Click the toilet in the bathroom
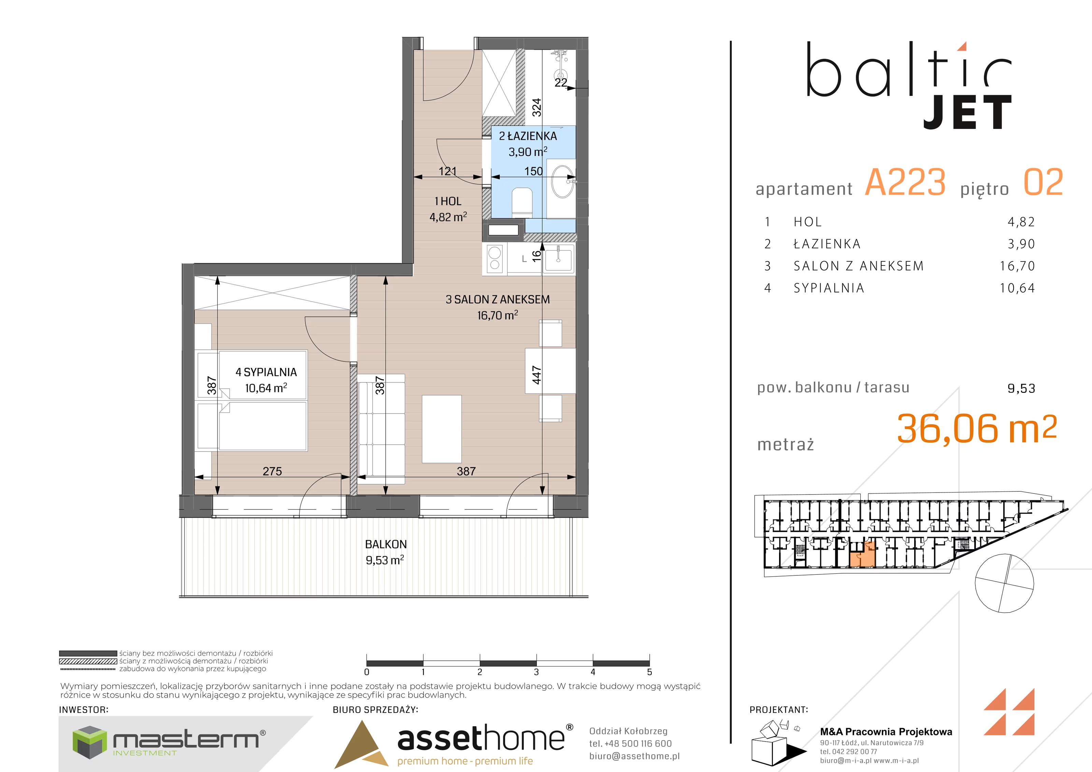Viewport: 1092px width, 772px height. [x=522, y=202]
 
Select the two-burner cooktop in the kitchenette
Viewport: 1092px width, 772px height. [x=494, y=258]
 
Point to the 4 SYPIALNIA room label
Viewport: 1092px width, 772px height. [x=266, y=372]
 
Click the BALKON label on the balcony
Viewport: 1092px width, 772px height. [x=386, y=544]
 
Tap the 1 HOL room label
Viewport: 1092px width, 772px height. [x=447, y=201]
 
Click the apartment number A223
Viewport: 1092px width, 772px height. [x=905, y=182]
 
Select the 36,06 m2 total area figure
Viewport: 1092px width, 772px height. [x=977, y=429]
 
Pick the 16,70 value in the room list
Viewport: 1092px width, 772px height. [x=1017, y=266]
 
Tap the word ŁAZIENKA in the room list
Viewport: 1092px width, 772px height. [x=827, y=244]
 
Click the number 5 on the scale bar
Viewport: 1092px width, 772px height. [x=649, y=672]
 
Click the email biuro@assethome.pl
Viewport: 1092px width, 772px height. [x=634, y=756]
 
